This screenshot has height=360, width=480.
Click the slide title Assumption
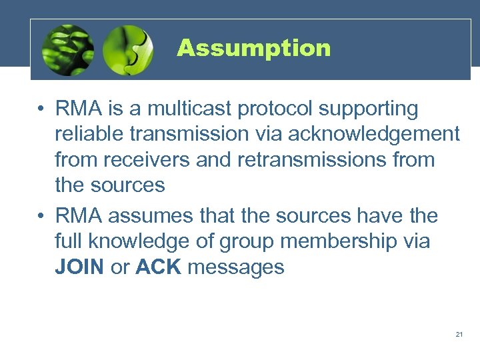pos(253,48)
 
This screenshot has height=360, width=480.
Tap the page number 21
pos(459,334)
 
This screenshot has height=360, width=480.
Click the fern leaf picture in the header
pos(67,49)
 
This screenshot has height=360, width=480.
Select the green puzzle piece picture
pos(129,49)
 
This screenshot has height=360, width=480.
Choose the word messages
pos(236,268)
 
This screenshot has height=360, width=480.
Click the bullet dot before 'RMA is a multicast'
pos(41,109)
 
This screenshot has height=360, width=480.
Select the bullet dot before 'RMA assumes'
pos(41,216)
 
